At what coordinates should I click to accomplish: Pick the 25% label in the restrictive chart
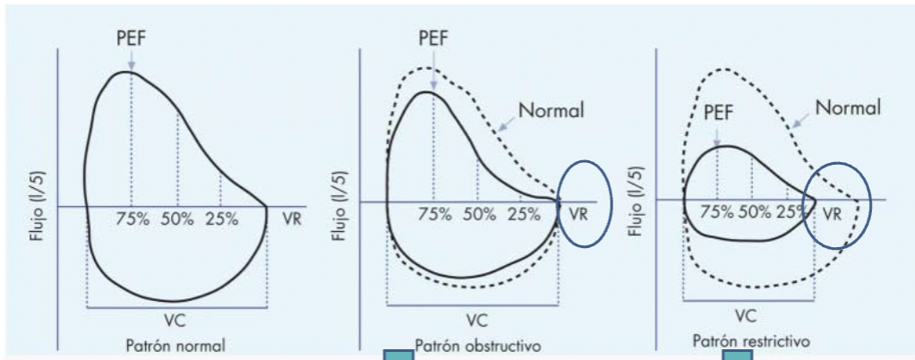pos(791,211)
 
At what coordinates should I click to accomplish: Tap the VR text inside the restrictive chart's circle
pos(833,213)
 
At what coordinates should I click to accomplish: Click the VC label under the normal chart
pos(176,320)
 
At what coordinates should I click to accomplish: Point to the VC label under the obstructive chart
pos(476,319)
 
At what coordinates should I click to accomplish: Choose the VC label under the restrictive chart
pos(747,314)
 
